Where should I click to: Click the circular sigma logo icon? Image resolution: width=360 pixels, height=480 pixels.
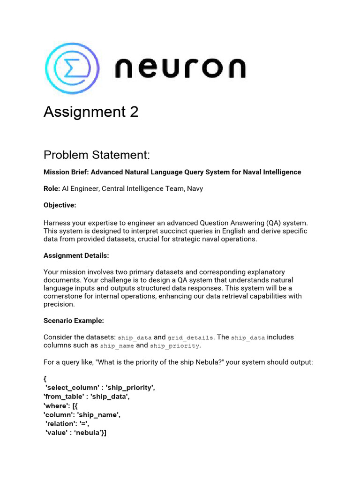[x=71, y=69]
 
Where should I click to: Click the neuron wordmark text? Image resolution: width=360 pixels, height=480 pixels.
[x=180, y=68]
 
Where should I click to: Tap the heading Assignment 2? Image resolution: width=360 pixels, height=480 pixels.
[x=91, y=112]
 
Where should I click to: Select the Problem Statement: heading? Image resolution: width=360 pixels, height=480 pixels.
[x=97, y=155]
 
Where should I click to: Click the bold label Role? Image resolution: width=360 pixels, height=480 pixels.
[x=52, y=189]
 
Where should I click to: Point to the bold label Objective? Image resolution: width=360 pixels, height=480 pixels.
[x=60, y=205]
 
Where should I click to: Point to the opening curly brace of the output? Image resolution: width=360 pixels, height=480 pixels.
[x=45, y=379]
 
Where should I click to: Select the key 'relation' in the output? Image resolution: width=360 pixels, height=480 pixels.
[x=62, y=424]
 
